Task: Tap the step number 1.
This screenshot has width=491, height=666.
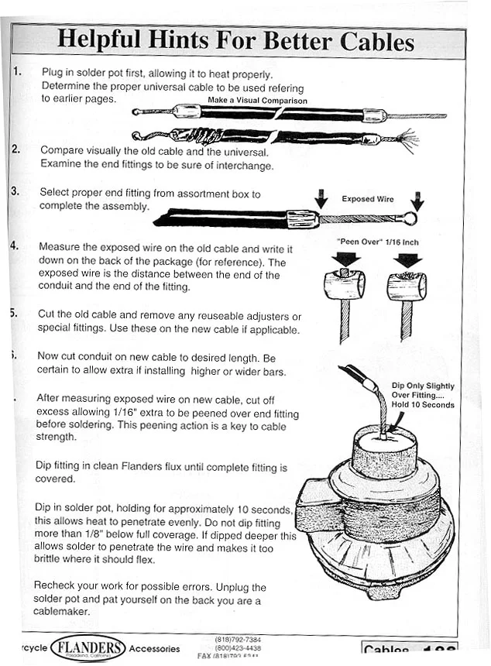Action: tap(17, 72)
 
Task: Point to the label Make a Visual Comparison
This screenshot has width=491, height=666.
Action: tap(257, 101)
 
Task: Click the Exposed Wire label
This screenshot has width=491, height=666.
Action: tap(368, 199)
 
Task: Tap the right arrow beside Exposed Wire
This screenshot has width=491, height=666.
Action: tap(417, 200)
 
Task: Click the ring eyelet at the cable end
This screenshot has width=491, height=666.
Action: tap(410, 218)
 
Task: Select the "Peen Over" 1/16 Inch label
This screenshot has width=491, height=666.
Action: tap(377, 242)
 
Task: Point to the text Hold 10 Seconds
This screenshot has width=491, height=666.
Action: tap(423, 404)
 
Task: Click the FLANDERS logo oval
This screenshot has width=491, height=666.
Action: tap(88, 647)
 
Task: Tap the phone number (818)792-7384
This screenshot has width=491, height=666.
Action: tap(240, 639)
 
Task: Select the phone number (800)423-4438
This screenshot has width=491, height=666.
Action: tap(240, 647)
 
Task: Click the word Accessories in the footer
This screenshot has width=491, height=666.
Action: tap(155, 649)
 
